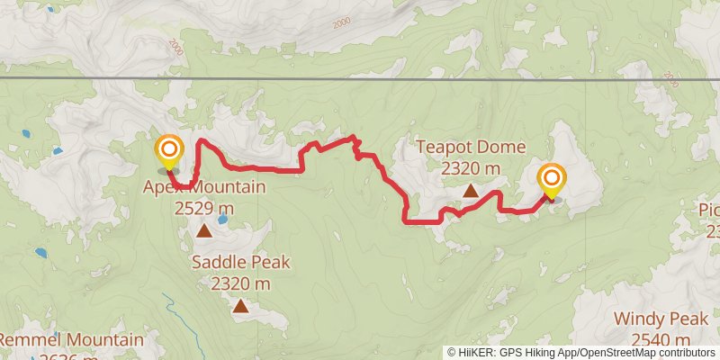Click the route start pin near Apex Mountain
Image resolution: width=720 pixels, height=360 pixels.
pyautogui.click(x=168, y=152)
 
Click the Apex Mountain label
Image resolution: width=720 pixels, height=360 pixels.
pyautogui.click(x=204, y=187)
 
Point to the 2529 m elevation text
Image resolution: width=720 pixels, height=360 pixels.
pyautogui.click(x=204, y=208)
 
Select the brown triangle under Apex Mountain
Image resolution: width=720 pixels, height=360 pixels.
pyautogui.click(x=204, y=231)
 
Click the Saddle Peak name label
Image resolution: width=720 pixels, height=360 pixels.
pyautogui.click(x=240, y=262)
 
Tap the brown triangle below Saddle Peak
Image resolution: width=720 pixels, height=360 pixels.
pyautogui.click(x=240, y=306)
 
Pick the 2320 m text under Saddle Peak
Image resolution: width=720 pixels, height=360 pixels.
pyautogui.click(x=240, y=283)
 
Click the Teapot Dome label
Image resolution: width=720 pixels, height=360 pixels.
pyautogui.click(x=471, y=147)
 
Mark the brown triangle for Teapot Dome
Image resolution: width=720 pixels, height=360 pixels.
pyautogui.click(x=471, y=190)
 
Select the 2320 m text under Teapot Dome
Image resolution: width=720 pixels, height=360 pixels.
pyautogui.click(x=471, y=168)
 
